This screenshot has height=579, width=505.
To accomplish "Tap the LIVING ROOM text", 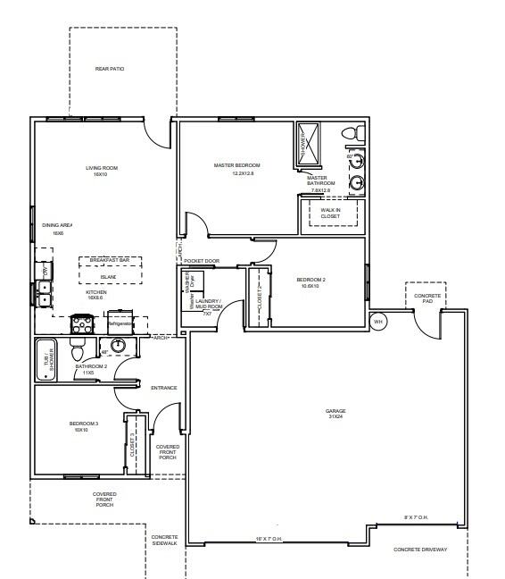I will pyautogui.click(x=102, y=171).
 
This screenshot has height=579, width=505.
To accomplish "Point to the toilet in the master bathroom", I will pyautogui.click(x=354, y=135).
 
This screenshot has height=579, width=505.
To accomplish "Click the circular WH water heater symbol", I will pyautogui.click(x=377, y=322).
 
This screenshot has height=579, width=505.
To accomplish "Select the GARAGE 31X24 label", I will pyautogui.click(x=335, y=414).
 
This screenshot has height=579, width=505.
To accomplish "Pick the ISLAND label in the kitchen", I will pyautogui.click(x=108, y=277).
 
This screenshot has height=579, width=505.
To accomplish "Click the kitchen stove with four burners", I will pyautogui.click(x=82, y=324).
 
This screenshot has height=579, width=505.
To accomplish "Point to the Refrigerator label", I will pyautogui.click(x=120, y=324).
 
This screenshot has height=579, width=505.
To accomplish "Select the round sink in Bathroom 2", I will pyautogui.click(x=117, y=346).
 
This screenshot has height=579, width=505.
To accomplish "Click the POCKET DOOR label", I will pyautogui.click(x=202, y=261).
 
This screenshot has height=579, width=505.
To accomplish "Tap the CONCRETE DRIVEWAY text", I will pyautogui.click(x=420, y=550).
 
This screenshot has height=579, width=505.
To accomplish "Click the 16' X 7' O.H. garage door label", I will pyautogui.click(x=269, y=539).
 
